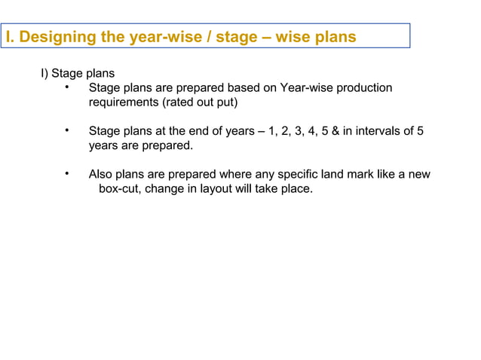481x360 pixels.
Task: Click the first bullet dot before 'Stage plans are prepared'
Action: point(67,87)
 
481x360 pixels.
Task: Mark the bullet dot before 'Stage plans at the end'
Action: point(67,131)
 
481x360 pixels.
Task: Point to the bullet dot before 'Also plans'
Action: point(67,174)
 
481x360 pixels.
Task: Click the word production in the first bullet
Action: point(364,88)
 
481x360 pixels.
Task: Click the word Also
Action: point(100,175)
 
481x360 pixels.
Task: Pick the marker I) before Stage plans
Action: point(44,74)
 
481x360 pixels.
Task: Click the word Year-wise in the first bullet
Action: point(305,88)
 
